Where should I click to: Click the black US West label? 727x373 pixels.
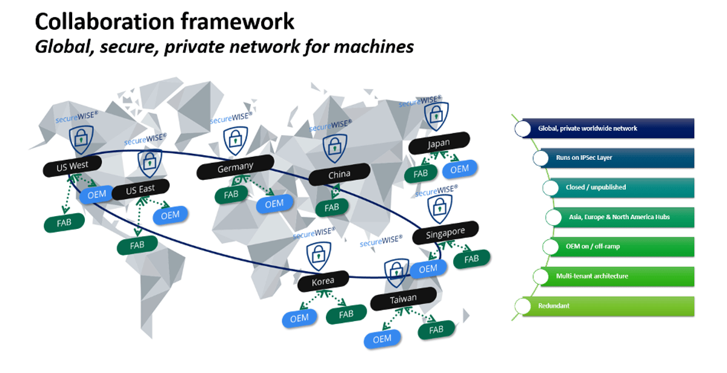click(71, 165)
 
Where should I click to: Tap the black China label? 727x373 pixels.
click(339, 175)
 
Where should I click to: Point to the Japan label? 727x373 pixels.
click(439, 144)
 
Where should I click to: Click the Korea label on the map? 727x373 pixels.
click(323, 282)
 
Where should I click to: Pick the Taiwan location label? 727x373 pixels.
click(403, 299)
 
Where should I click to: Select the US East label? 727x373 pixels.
click(141, 190)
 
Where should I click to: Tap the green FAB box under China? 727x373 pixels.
click(331, 208)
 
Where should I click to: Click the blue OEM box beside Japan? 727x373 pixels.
click(459, 170)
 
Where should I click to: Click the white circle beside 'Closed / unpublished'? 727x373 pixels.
click(550, 188)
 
